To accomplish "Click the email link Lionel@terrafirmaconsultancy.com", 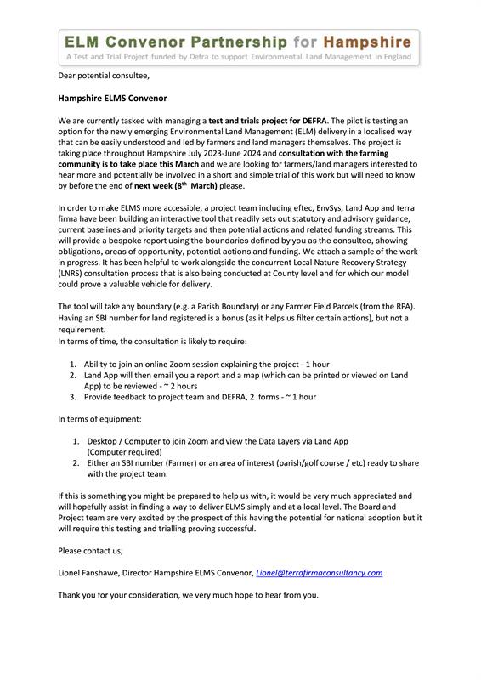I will click(x=319, y=573).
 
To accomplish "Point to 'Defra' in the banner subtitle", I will click(x=214, y=58).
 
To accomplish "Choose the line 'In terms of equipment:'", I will click(x=99, y=419).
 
